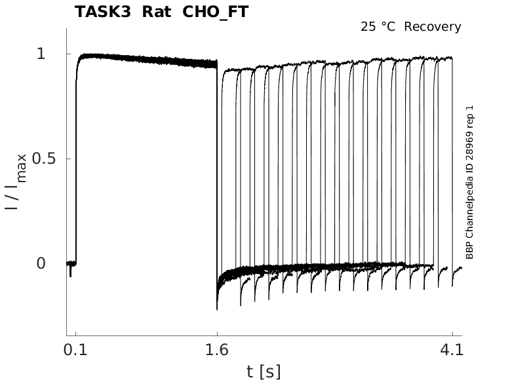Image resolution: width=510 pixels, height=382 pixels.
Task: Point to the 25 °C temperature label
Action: pyautogui.click(x=379, y=27)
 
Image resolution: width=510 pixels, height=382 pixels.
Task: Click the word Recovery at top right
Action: pyautogui.click(x=433, y=27)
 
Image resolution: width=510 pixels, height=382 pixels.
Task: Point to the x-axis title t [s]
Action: pyautogui.click(x=264, y=372)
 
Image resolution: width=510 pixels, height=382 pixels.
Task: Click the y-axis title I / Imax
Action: pyautogui.click(x=16, y=181)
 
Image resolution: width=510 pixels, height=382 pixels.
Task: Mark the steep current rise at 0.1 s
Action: pyautogui.click(x=76, y=164)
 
